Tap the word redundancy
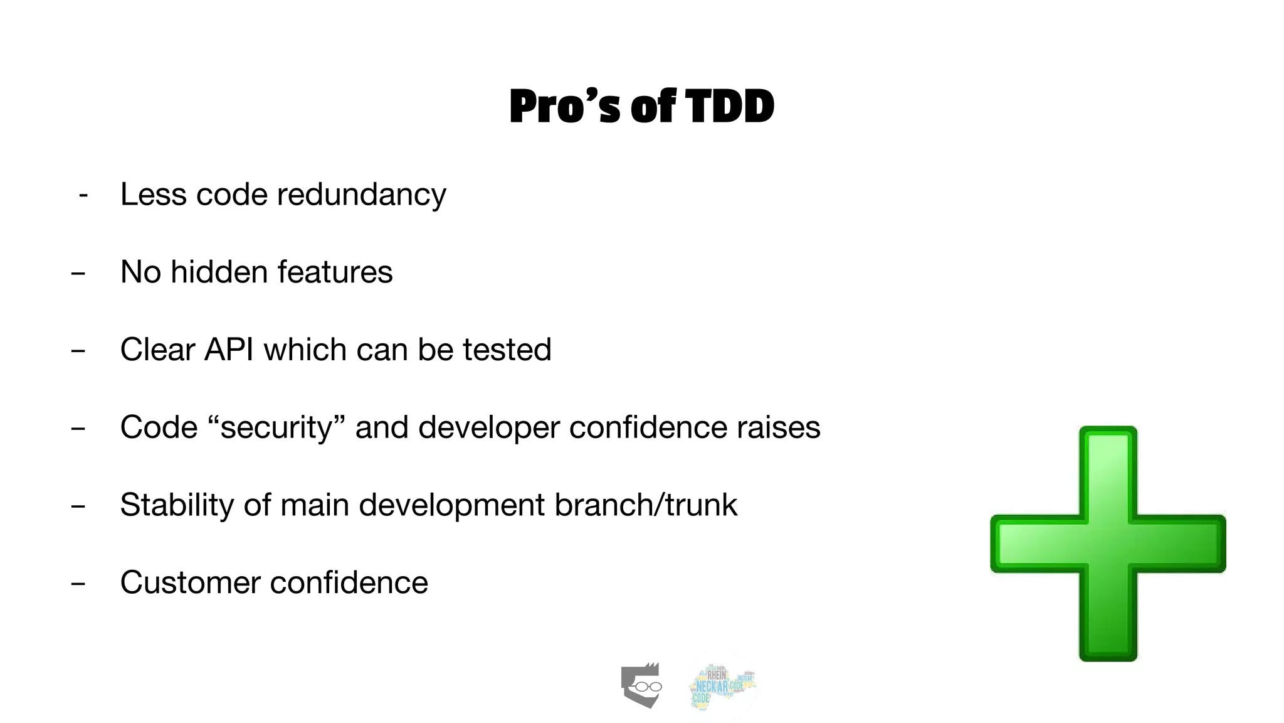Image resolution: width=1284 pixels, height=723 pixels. [362, 195]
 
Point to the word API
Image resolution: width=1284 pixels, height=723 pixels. [229, 350]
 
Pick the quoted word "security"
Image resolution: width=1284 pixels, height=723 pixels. [276, 428]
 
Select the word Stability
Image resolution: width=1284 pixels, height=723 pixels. [177, 505]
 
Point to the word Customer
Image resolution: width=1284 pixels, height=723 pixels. [190, 582]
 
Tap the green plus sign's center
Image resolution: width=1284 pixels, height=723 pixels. [1108, 544]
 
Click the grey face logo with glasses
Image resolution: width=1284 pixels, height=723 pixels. [641, 685]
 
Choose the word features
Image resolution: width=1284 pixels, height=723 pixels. [335, 272]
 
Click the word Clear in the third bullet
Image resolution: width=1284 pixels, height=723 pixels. [157, 350]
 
